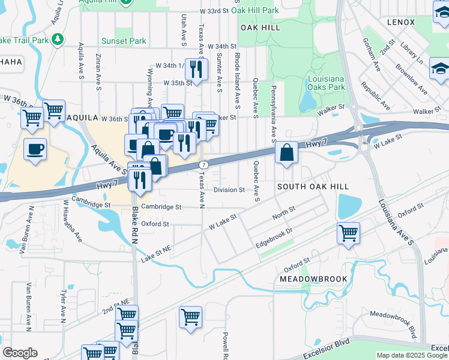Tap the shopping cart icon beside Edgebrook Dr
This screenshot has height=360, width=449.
pos(349,233)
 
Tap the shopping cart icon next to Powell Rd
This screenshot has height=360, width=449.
pos(190,316)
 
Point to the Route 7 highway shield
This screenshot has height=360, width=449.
pos(204,164)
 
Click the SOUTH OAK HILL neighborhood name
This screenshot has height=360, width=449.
pos(313,187)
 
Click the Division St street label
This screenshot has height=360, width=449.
pos(229,190)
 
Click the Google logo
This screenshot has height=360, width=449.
pos(20,353)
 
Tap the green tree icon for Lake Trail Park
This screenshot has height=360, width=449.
pos(58,40)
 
